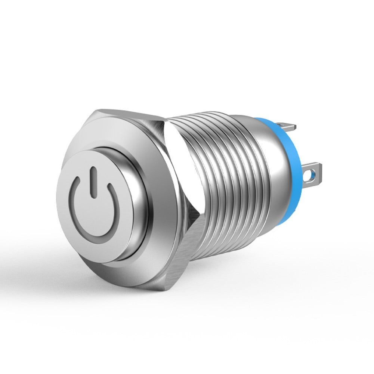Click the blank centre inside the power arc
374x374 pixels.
(92, 209)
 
